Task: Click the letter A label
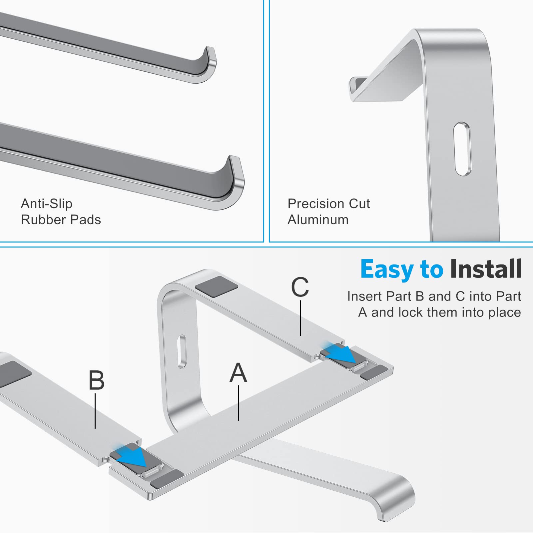(238, 373)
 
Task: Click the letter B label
(96, 380)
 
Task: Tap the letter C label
(300, 287)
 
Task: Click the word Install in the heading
(485, 269)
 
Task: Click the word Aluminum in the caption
(318, 220)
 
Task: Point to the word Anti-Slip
(46, 204)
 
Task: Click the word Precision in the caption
(314, 204)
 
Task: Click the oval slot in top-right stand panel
(462, 149)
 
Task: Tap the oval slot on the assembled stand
(182, 351)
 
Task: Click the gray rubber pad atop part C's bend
(217, 286)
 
